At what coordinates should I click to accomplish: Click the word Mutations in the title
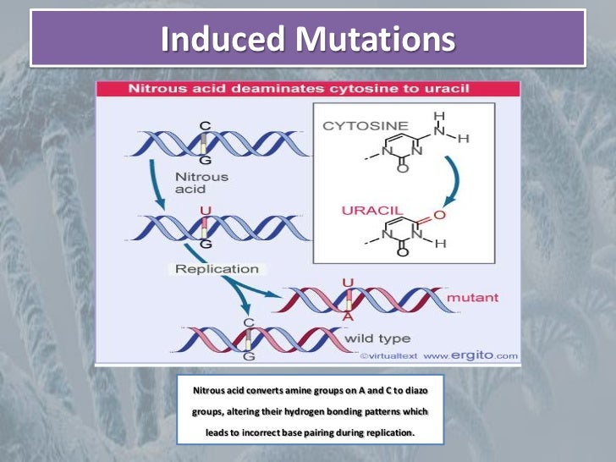[371, 39]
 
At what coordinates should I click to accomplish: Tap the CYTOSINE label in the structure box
[353, 126]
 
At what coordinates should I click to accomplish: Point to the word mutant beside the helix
[471, 297]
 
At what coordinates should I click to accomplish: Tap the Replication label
[217, 269]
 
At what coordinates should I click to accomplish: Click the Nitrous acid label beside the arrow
[201, 183]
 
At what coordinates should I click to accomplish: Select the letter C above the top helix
[204, 126]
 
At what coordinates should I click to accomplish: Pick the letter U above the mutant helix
[347, 282]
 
